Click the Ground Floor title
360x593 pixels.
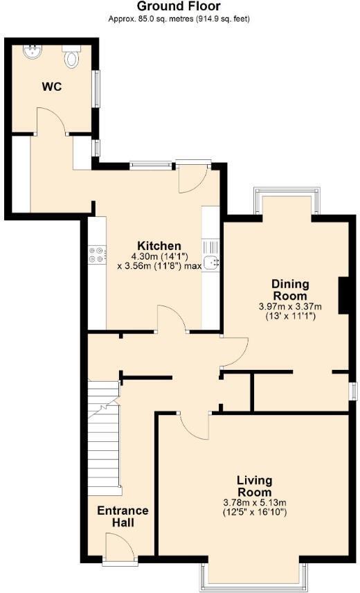[x=179, y=6]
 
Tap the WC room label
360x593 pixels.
[x=52, y=87]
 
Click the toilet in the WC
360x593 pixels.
[x=71, y=57]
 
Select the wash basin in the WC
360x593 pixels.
[x=32, y=52]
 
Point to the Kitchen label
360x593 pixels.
[x=159, y=245]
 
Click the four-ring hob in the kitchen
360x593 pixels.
[x=97, y=254]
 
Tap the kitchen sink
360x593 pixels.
[x=210, y=262]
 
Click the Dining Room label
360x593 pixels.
[x=290, y=290]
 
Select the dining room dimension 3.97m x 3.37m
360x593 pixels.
[x=290, y=306]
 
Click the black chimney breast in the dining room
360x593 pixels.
[x=343, y=295]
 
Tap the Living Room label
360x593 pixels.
[x=254, y=486]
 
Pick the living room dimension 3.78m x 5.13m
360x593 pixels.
[x=255, y=503]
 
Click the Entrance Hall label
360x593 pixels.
[x=123, y=516]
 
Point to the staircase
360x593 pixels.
[x=105, y=438]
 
